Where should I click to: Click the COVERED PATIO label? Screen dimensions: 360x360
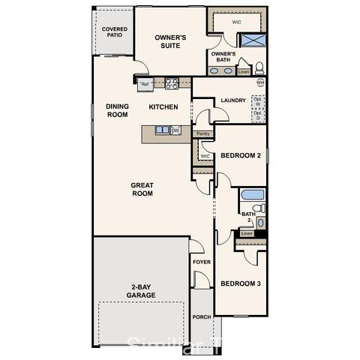[x=114, y=32]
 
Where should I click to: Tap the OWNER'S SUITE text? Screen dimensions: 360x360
[x=170, y=40]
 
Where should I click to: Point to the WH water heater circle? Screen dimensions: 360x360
[x=260, y=82]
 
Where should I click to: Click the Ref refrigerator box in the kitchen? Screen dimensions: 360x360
[x=145, y=85]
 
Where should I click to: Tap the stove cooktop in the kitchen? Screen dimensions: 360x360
[x=170, y=83]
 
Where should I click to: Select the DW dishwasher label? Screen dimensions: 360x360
[x=176, y=130]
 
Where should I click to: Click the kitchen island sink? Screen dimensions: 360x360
[x=163, y=130]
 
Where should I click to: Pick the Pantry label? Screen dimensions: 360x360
[x=202, y=134]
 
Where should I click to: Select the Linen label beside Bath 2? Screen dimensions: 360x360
[x=247, y=233]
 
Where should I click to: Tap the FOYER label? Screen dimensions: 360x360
[x=201, y=262]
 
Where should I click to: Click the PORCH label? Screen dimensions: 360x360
[x=201, y=317]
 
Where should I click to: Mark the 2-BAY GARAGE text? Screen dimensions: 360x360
[x=141, y=291]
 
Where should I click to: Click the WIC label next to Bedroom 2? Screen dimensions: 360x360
[x=204, y=157]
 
